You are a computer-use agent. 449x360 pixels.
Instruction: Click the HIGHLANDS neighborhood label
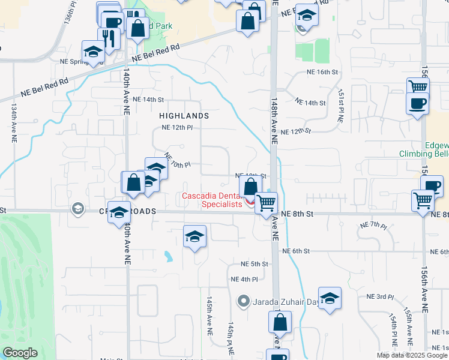click(184, 115)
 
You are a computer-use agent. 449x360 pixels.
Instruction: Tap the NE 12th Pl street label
click(177, 128)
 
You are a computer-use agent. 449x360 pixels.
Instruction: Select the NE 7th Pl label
click(373, 224)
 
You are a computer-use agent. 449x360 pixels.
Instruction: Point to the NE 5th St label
click(255, 264)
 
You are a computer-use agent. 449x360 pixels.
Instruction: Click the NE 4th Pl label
click(244, 280)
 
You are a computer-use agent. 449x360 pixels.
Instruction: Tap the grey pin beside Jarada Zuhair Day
click(243, 301)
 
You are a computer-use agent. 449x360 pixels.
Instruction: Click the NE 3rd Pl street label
click(380, 297)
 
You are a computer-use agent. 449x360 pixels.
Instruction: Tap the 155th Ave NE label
click(408, 325)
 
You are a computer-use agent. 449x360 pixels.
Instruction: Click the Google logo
click(20, 353)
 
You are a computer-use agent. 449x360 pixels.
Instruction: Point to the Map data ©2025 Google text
click(412, 355)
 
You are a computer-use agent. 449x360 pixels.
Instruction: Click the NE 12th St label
click(297, 131)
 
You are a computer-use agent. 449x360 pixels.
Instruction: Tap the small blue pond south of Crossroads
click(169, 257)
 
